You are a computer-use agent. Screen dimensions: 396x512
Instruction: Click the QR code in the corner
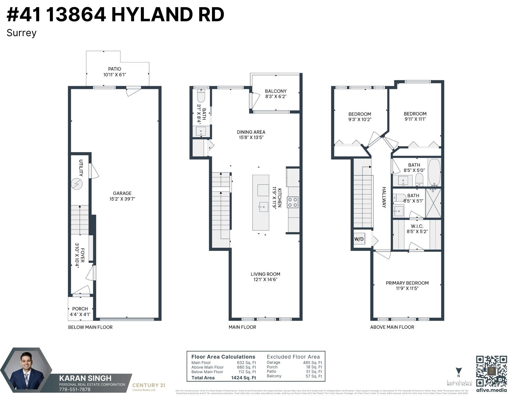tap(491, 371)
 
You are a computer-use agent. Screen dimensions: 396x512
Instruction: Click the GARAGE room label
tap(122, 193)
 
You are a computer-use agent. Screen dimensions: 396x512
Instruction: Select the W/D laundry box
tap(359, 239)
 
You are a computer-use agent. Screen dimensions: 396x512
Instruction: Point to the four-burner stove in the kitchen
tap(293, 202)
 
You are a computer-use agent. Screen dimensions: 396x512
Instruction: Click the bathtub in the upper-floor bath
tap(434, 172)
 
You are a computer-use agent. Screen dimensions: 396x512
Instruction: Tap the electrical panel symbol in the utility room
tap(77, 184)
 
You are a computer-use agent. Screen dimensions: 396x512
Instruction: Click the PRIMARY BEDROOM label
tap(407, 283)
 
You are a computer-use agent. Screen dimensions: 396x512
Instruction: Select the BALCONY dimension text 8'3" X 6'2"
tap(275, 97)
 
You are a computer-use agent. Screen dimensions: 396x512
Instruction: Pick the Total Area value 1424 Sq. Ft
tap(243, 378)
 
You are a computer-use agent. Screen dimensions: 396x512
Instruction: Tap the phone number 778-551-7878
tap(75, 389)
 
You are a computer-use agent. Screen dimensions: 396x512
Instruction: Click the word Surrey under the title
tap(22, 33)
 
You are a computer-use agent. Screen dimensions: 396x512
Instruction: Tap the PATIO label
tap(114, 69)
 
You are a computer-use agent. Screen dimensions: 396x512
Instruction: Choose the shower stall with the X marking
tap(433, 203)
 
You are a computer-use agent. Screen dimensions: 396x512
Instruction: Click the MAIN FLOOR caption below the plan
tap(242, 327)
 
